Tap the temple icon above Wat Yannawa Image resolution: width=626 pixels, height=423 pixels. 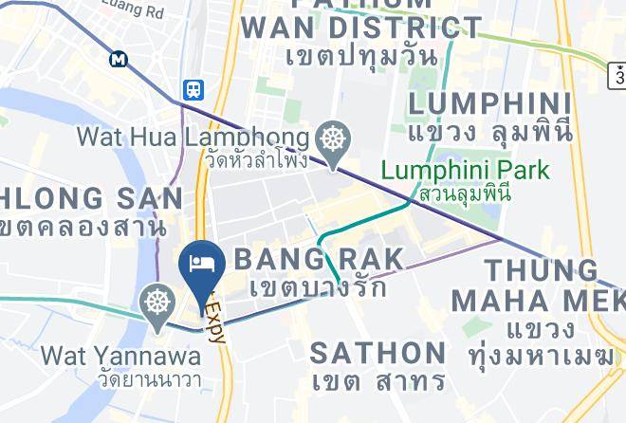[x=156, y=303]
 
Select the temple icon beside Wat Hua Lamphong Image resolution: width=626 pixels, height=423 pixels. [x=333, y=139]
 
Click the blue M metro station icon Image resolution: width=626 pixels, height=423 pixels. [x=119, y=59]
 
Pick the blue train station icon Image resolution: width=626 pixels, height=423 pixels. [x=193, y=89]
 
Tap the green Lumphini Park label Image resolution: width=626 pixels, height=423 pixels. [x=465, y=171]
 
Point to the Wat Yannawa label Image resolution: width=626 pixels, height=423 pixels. [x=121, y=357]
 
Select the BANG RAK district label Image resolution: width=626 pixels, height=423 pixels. [x=318, y=258]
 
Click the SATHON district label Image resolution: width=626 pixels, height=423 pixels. [x=378, y=353]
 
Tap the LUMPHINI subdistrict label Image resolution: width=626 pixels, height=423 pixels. [x=489, y=103]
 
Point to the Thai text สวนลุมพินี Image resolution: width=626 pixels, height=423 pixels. [x=465, y=193]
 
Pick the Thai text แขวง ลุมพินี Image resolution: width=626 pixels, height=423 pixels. [x=490, y=133]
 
